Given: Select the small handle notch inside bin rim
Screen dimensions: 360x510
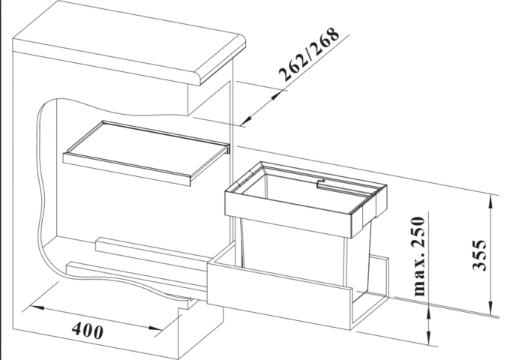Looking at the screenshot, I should click(x=320, y=181).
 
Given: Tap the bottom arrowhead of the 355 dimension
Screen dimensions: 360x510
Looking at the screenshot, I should click(x=492, y=310).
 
